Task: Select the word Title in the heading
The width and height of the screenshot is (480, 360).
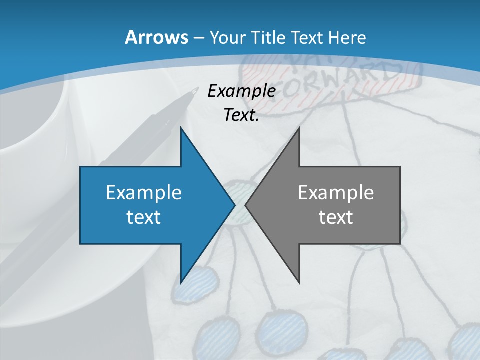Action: click(267, 37)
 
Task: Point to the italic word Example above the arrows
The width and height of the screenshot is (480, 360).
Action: click(241, 91)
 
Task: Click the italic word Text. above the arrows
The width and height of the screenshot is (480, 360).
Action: click(241, 115)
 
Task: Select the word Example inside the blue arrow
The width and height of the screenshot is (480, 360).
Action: click(144, 192)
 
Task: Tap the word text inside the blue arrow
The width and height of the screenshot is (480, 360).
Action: click(144, 217)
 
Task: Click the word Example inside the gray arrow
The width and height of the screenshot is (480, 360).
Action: click(336, 192)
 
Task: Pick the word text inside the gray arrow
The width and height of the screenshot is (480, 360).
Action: click(336, 217)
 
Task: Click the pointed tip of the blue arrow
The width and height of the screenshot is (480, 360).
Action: click(235, 205)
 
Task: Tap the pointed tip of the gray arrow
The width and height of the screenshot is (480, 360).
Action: click(245, 205)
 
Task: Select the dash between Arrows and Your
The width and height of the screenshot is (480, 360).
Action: click(198, 38)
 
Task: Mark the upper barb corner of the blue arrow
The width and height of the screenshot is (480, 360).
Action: click(181, 128)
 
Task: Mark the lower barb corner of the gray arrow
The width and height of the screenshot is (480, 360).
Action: click(299, 282)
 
